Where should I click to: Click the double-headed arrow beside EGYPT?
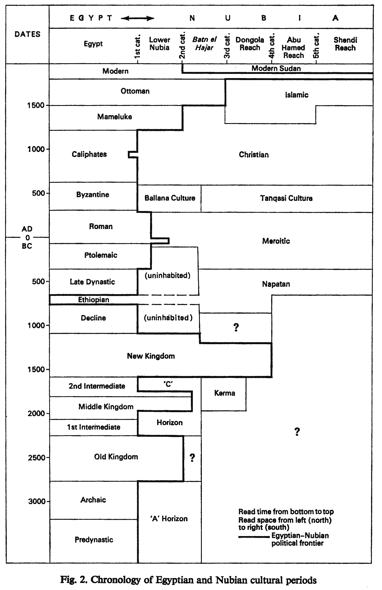138,19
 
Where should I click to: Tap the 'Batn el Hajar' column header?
204,44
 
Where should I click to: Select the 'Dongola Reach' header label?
250,44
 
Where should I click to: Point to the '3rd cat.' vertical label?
227,46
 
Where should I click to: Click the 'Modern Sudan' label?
276,68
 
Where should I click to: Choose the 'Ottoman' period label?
135,91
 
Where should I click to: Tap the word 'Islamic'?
297,95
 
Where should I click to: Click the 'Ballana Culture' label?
170,198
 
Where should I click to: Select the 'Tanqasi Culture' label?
286,198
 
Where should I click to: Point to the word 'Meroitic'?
276,241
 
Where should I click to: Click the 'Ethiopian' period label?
94,300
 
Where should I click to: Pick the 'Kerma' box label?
224,393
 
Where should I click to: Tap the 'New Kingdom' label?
151,356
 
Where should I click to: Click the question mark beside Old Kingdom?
192,458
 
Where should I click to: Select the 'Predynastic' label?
94,540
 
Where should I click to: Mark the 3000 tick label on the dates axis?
37,501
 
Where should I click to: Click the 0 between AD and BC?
28,238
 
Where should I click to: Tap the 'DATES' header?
28,34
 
